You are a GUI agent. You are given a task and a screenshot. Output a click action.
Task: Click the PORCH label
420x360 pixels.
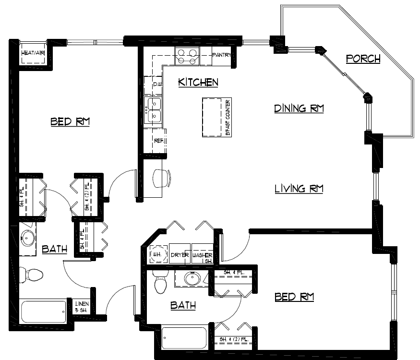click(x=363, y=59)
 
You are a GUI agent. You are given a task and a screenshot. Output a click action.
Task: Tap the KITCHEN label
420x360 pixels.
click(x=198, y=83)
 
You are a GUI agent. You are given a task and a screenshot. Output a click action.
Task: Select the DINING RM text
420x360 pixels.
click(x=299, y=108)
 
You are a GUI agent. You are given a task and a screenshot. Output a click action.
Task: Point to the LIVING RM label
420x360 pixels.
click(x=299, y=189)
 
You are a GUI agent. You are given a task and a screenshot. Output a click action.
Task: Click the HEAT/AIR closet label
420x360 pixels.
click(x=33, y=53)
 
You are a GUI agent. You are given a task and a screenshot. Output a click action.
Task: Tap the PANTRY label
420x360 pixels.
click(x=222, y=55)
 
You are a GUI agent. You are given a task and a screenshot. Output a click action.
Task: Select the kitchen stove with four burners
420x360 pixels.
click(x=187, y=57)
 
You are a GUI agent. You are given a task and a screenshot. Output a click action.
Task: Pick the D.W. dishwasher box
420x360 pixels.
click(x=156, y=84)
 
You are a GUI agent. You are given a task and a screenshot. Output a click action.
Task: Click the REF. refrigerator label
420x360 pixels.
click(x=159, y=141)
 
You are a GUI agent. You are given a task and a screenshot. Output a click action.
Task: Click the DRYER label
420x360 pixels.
click(x=180, y=255)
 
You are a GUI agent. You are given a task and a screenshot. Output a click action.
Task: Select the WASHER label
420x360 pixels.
click(x=202, y=255)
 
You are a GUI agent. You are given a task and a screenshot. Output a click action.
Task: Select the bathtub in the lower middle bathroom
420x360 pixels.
click(x=185, y=338)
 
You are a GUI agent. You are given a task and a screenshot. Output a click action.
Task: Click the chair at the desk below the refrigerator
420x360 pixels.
click(x=161, y=178)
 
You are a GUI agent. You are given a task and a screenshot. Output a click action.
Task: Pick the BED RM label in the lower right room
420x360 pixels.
click(x=294, y=298)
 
